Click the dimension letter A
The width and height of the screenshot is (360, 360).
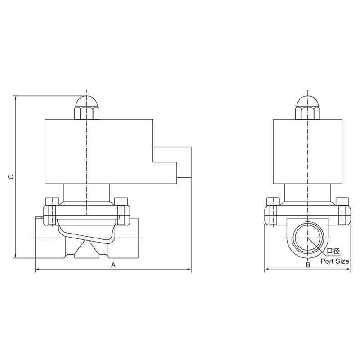pyautogui.click(x=113, y=265)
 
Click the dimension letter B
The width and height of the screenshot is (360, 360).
pyautogui.click(x=308, y=265)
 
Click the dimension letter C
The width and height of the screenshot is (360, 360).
pyautogui.click(x=11, y=176)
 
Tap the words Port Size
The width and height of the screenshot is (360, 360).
pyautogui.click(x=335, y=261)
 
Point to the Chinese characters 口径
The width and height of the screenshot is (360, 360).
pyautogui.click(x=333, y=251)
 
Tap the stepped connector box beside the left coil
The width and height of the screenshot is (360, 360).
pyautogui.click(x=172, y=162)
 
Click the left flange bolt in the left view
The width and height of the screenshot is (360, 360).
pyautogui.click(x=52, y=211)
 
